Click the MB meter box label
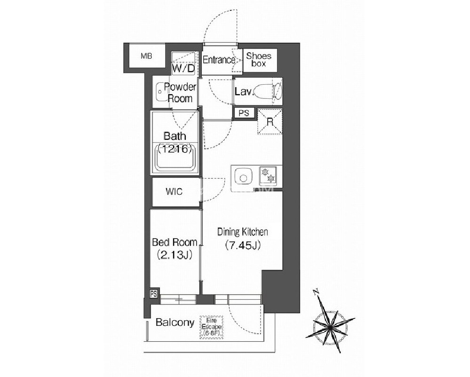click(146, 56)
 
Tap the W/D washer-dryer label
click(183, 69)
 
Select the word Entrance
click(218, 60)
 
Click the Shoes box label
click(259, 59)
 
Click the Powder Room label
click(180, 93)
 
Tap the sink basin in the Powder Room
click(160, 92)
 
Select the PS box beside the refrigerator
click(244, 113)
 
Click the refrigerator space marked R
click(270, 122)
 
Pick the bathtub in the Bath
click(175, 158)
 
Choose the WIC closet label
click(174, 192)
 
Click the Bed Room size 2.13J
click(175, 255)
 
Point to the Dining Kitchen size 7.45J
click(243, 245)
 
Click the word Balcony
click(175, 323)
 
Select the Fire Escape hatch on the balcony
click(212, 327)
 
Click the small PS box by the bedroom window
click(154, 294)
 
